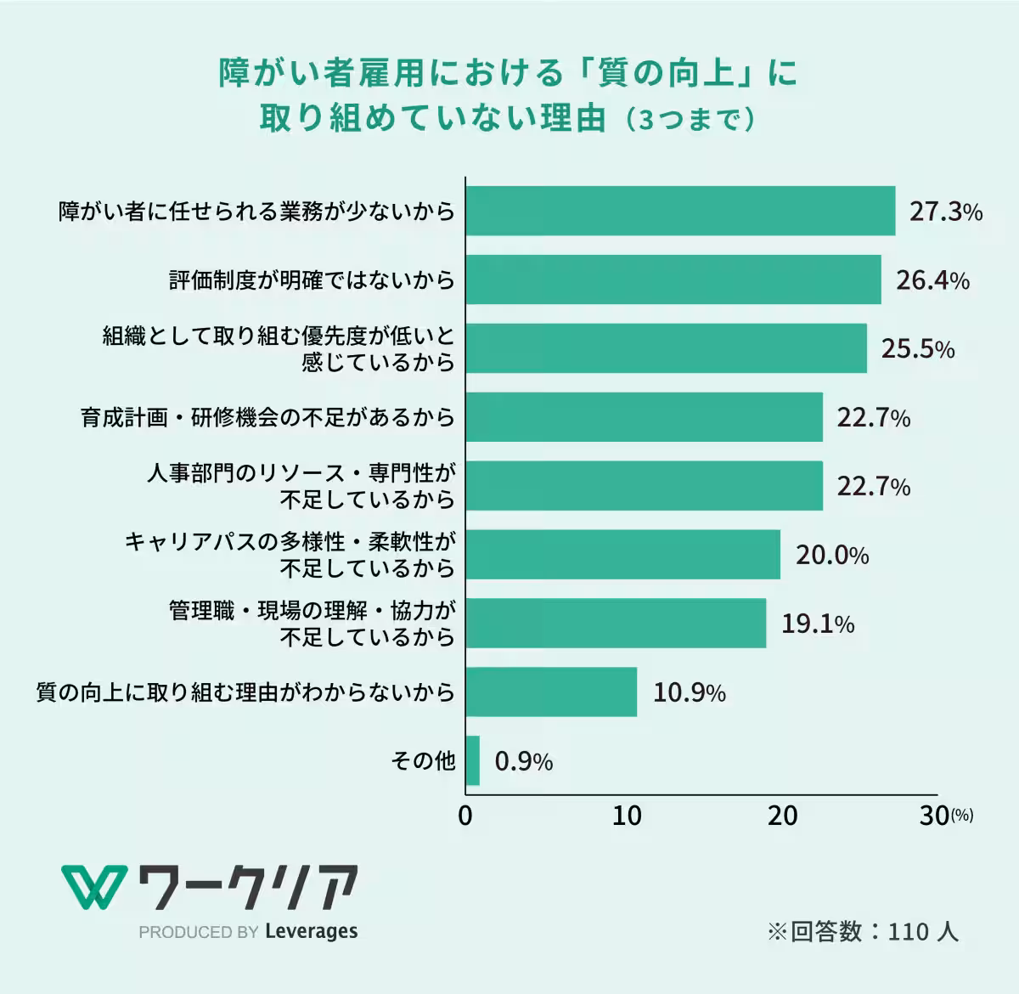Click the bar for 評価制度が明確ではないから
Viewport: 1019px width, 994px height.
point(673,280)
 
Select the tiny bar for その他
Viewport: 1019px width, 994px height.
point(473,760)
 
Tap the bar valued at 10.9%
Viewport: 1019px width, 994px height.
point(551,692)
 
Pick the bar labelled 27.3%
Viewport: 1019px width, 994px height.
point(680,211)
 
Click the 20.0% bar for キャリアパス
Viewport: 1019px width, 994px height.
point(622,555)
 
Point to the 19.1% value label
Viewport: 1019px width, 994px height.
point(817,624)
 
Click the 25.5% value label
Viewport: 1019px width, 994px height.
point(917,348)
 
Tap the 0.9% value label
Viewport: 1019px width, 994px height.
point(523,761)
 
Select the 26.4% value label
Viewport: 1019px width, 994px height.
point(932,280)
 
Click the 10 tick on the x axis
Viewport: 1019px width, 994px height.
point(627,816)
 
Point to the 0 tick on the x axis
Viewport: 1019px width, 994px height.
point(465,816)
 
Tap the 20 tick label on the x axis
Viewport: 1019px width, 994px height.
point(782,816)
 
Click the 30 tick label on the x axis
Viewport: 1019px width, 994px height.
point(934,816)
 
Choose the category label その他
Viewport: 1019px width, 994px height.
point(423,760)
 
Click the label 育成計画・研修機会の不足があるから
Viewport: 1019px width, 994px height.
point(268,418)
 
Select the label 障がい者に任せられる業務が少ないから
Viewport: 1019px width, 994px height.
point(256,211)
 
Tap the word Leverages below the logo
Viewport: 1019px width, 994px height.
point(311,931)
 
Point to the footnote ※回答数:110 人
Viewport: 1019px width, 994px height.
point(863,931)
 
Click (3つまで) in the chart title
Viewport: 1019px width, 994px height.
point(690,120)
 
